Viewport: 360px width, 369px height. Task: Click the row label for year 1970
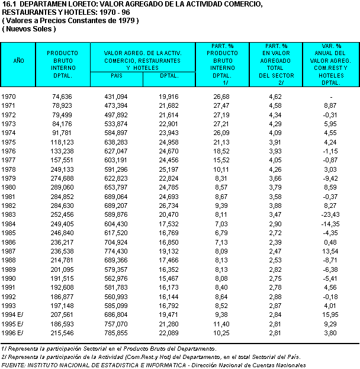[9, 96]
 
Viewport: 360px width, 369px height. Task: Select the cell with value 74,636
[62, 96]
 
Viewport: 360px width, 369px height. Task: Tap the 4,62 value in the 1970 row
[275, 96]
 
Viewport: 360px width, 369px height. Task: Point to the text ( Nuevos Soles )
[29, 28]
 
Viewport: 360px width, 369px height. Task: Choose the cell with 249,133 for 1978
[62, 169]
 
